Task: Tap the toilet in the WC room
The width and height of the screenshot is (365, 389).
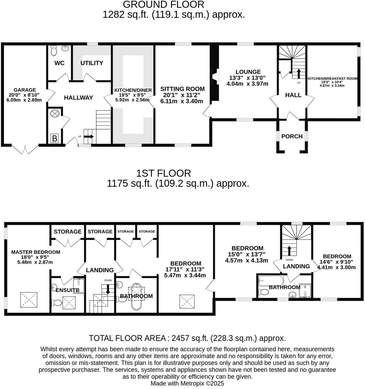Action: [x=54, y=51]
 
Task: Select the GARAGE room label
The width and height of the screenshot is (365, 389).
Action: [x=25, y=90]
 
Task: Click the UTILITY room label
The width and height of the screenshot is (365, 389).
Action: [x=92, y=63]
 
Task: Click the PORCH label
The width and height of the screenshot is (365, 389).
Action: [x=292, y=136]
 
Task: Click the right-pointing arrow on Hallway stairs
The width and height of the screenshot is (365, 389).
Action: [x=89, y=137]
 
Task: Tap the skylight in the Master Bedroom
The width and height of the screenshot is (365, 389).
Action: [x=29, y=300]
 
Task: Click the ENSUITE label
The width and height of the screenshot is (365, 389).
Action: [x=67, y=290]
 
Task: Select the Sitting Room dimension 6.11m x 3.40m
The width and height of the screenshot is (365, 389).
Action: [x=181, y=101]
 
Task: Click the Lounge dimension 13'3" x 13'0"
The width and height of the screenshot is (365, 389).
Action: [x=247, y=78]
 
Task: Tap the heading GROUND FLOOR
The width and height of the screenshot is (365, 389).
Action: [x=163, y=5]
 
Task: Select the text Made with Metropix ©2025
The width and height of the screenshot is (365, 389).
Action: [x=187, y=383]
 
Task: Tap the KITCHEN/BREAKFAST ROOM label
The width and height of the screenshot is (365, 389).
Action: [x=332, y=78]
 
